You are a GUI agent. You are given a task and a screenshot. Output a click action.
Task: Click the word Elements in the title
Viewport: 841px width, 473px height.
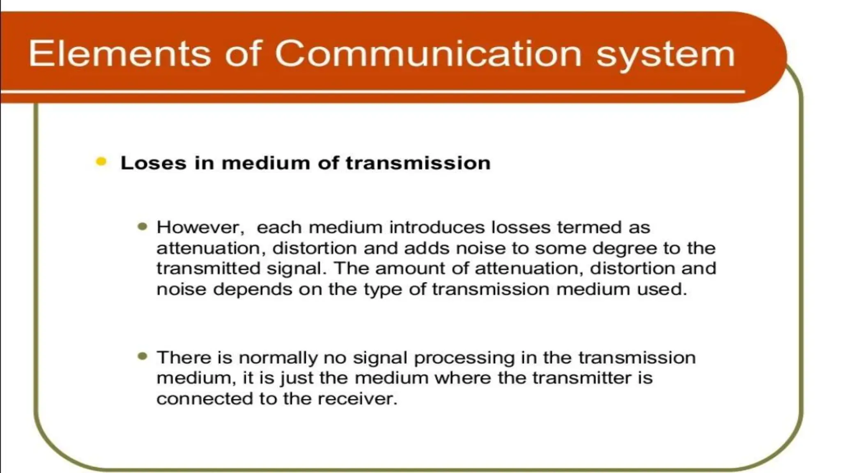pyautogui.click(x=119, y=53)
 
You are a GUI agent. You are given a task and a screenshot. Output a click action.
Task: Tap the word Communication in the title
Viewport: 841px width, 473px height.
pyautogui.click(x=428, y=53)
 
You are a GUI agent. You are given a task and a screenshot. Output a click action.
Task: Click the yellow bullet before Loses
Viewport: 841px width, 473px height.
pyautogui.click(x=101, y=162)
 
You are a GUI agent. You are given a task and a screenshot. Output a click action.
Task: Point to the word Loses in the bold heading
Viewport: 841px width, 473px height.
pyautogui.click(x=153, y=163)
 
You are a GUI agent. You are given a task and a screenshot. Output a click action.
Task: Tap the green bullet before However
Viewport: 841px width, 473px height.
pyautogui.click(x=142, y=227)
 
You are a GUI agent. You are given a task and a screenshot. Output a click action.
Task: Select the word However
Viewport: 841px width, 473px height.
pyautogui.click(x=200, y=227)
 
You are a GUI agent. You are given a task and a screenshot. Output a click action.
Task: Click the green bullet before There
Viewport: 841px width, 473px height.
pyautogui.click(x=142, y=356)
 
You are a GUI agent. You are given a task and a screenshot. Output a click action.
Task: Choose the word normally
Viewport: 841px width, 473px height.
pyautogui.click(x=278, y=358)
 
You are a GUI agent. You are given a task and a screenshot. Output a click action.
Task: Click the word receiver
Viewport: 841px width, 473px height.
pyautogui.click(x=357, y=399)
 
